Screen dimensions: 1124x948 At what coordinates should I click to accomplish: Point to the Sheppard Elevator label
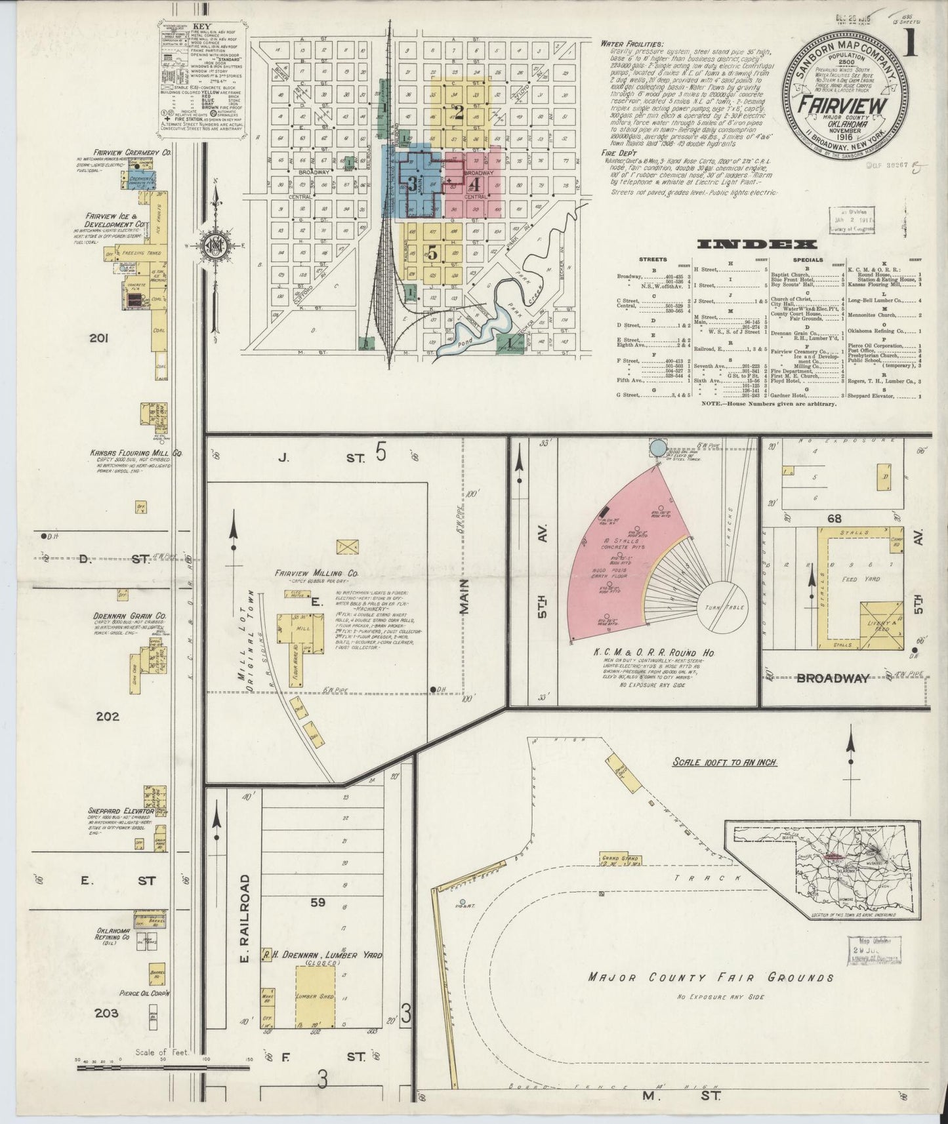[x=121, y=811]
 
